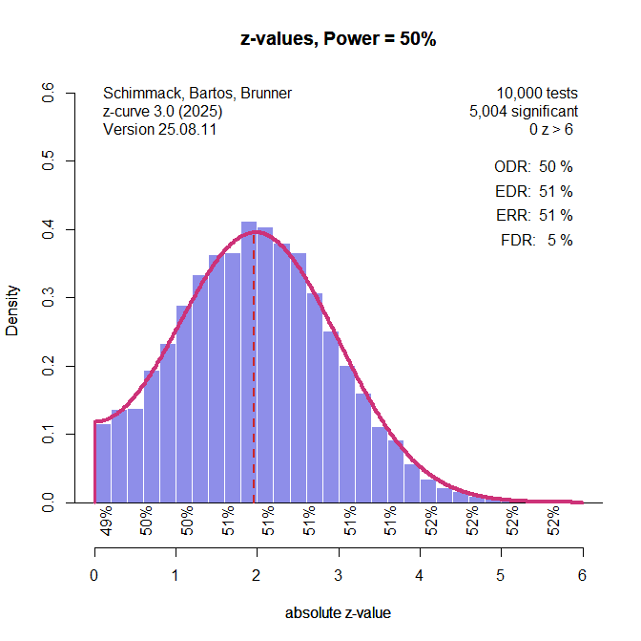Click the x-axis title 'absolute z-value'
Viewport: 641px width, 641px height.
pos(338,613)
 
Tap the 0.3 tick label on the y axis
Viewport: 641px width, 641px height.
pos(47,298)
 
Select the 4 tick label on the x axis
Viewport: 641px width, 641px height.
pos(420,575)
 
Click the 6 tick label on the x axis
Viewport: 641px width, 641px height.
pos(582,575)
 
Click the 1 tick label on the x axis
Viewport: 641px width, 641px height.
pos(176,575)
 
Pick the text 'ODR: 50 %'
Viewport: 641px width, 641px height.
pos(533,166)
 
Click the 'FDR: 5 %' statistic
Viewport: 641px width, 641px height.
pos(536,241)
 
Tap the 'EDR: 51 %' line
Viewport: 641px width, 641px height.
pos(533,191)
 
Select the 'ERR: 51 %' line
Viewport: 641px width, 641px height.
pos(533,216)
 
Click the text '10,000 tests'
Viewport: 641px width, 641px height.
pos(536,94)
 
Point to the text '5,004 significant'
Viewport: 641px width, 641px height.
pos(523,111)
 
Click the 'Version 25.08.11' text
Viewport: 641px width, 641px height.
pos(159,129)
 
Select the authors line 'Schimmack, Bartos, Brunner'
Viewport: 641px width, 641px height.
pos(196,94)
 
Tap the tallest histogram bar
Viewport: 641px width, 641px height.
pos(249,363)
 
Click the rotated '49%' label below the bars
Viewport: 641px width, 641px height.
pos(107,522)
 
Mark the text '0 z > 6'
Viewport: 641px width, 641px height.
pos(550,129)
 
